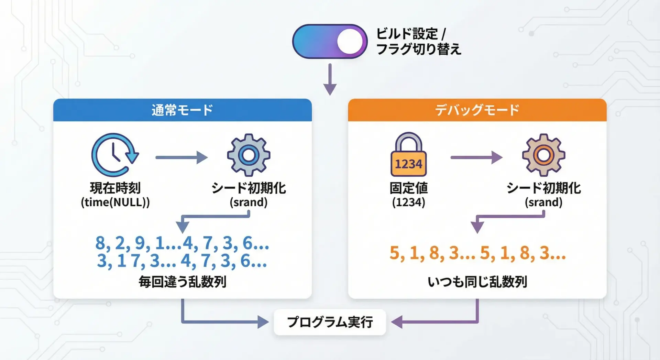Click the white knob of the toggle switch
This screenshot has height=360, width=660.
pyautogui.click(x=350, y=42)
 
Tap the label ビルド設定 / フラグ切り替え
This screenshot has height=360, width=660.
pyautogui.click(x=418, y=42)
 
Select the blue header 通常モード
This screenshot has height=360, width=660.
pyautogui.click(x=182, y=110)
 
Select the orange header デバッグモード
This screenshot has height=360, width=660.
pyautogui.click(x=477, y=110)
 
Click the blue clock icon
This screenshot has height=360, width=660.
pyautogui.click(x=114, y=155)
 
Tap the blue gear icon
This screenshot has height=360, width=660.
pyautogui.click(x=249, y=155)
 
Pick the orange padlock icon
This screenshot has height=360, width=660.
pyautogui.click(x=408, y=155)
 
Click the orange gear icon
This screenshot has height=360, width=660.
pyautogui.click(x=543, y=155)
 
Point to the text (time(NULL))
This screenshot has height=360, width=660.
pyautogui.click(x=115, y=202)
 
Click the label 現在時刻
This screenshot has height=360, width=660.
pyautogui.click(x=115, y=188)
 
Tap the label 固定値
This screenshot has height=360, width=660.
pyautogui.click(x=408, y=188)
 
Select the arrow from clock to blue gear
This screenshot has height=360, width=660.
pyautogui.click(x=181, y=157)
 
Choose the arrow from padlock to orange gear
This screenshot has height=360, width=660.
pyautogui.click(x=476, y=157)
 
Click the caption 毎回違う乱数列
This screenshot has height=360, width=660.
pyautogui.click(x=182, y=282)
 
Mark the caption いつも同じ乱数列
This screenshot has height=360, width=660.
pyautogui.click(x=477, y=282)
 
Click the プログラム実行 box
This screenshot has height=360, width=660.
pyautogui.click(x=330, y=322)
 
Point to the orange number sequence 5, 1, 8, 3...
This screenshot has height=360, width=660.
pyautogui.click(x=477, y=253)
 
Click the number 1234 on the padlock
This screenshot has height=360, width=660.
pyautogui.click(x=408, y=164)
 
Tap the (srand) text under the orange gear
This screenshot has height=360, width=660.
pyautogui.click(x=543, y=202)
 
